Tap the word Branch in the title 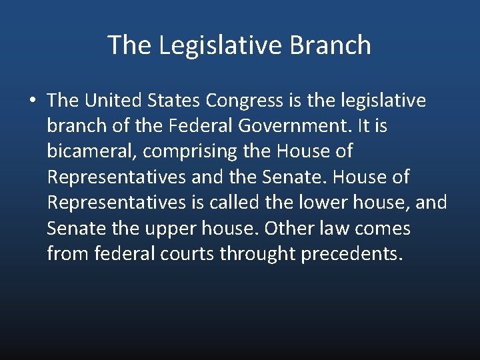[331, 45]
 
